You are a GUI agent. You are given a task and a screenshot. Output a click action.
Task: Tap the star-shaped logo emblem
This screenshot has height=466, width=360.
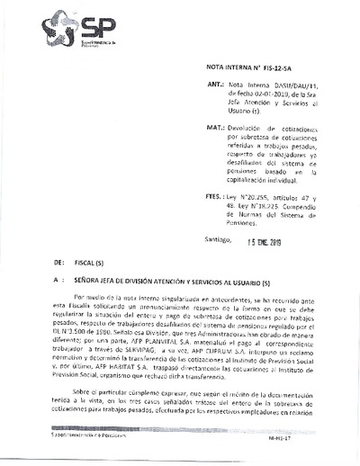56,30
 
